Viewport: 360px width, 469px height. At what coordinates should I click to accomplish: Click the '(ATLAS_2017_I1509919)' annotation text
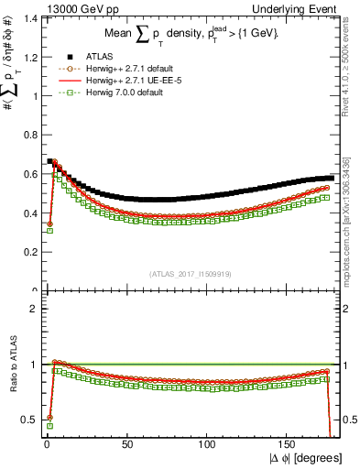coord(190,274)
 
